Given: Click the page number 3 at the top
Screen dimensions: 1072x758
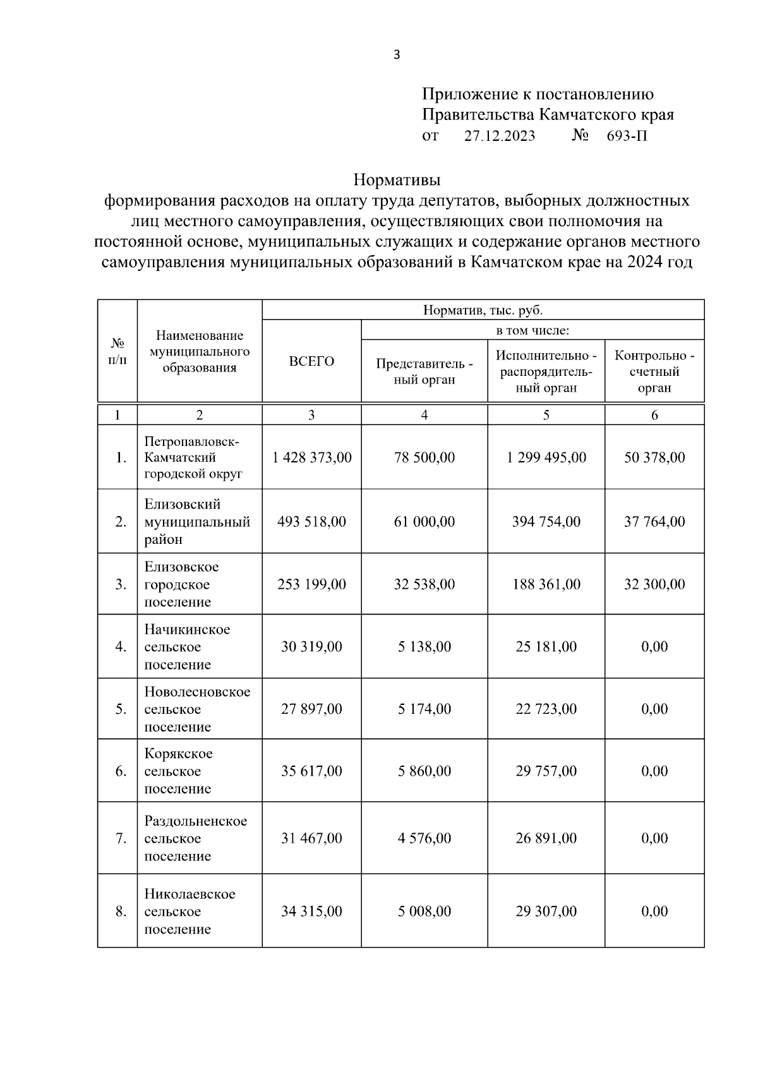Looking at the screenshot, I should (x=397, y=55).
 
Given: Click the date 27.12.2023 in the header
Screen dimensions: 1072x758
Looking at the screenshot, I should (x=500, y=136).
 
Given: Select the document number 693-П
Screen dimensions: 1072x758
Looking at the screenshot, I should (x=627, y=136).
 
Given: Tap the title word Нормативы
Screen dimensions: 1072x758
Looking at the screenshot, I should (x=397, y=180).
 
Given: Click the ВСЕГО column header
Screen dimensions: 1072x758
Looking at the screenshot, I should (x=311, y=361).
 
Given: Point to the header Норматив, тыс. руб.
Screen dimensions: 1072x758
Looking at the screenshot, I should (x=483, y=310).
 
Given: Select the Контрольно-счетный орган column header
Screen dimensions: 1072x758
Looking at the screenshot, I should (x=654, y=371).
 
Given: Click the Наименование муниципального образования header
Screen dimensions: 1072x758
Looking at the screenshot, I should (x=200, y=352).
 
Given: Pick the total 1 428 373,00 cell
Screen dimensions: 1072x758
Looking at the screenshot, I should (x=311, y=457).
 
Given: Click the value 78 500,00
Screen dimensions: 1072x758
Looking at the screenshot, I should (x=424, y=457).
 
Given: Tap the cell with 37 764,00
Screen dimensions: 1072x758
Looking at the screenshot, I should (x=654, y=522).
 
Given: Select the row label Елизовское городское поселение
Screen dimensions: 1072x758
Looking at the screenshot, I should (x=182, y=584).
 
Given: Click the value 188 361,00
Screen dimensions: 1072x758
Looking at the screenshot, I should (x=546, y=584).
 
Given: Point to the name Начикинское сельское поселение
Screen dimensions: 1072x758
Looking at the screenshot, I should (x=187, y=647).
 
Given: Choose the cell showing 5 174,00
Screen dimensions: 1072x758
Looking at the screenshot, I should (x=424, y=709).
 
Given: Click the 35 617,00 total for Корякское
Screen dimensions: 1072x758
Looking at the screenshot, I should (x=311, y=771).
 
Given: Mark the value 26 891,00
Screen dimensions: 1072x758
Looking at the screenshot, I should (x=546, y=838).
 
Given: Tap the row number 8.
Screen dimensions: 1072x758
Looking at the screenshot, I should (x=121, y=912).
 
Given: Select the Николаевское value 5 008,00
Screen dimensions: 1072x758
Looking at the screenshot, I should (x=424, y=912).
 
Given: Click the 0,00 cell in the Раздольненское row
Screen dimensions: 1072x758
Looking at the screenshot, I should (x=654, y=838).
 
